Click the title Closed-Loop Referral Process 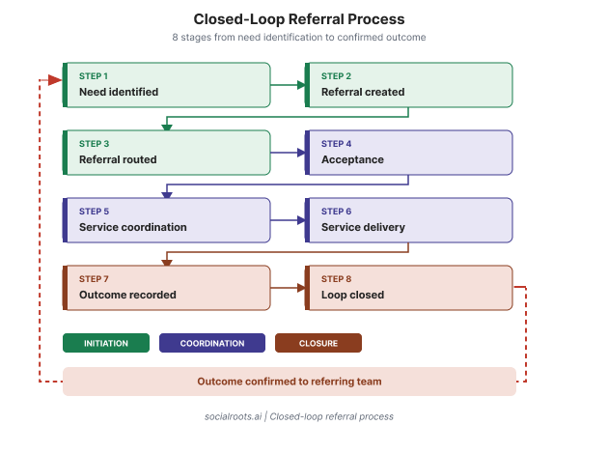tap(299, 19)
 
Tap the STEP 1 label tap(94, 76)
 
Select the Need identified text tap(119, 92)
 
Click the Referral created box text tap(363, 92)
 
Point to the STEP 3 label tap(95, 144)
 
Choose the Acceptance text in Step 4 tap(352, 159)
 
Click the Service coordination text tap(133, 227)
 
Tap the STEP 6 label tap(336, 212)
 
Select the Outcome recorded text tap(127, 295)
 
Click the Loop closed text tap(353, 295)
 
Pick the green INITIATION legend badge tap(106, 343)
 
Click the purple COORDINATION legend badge tap(212, 343)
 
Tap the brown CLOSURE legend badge tap(318, 343)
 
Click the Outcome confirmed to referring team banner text tap(290, 382)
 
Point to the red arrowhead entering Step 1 tap(55, 80)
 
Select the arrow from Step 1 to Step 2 tap(288, 85)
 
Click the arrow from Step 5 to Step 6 tap(288, 220)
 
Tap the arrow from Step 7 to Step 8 tap(288, 288)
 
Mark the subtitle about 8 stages tap(299, 38)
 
